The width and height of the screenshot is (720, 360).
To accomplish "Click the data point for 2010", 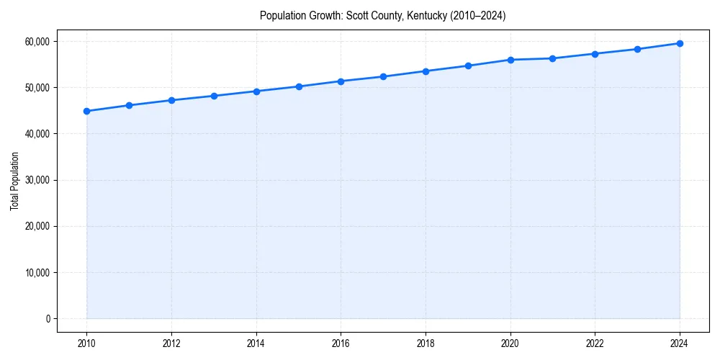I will [x=86, y=111].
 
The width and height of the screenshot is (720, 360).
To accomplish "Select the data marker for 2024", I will [x=680, y=43].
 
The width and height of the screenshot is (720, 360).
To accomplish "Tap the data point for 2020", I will [x=510, y=60].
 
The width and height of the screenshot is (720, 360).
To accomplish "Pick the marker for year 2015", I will [x=299, y=86].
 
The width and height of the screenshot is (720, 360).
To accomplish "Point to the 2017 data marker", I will [x=383, y=76].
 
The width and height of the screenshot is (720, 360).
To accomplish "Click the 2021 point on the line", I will [x=552, y=58].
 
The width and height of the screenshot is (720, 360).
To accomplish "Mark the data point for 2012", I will [x=171, y=100].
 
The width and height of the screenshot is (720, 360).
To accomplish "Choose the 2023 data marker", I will [x=637, y=49].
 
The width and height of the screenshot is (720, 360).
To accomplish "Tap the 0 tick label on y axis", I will [x=48, y=318].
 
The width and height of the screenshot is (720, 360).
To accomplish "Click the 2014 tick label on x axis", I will [x=256, y=343].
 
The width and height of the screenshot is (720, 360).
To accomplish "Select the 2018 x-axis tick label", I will [x=426, y=343].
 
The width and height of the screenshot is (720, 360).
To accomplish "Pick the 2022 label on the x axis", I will [x=595, y=343].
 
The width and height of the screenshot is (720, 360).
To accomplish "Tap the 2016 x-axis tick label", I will [x=341, y=343].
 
